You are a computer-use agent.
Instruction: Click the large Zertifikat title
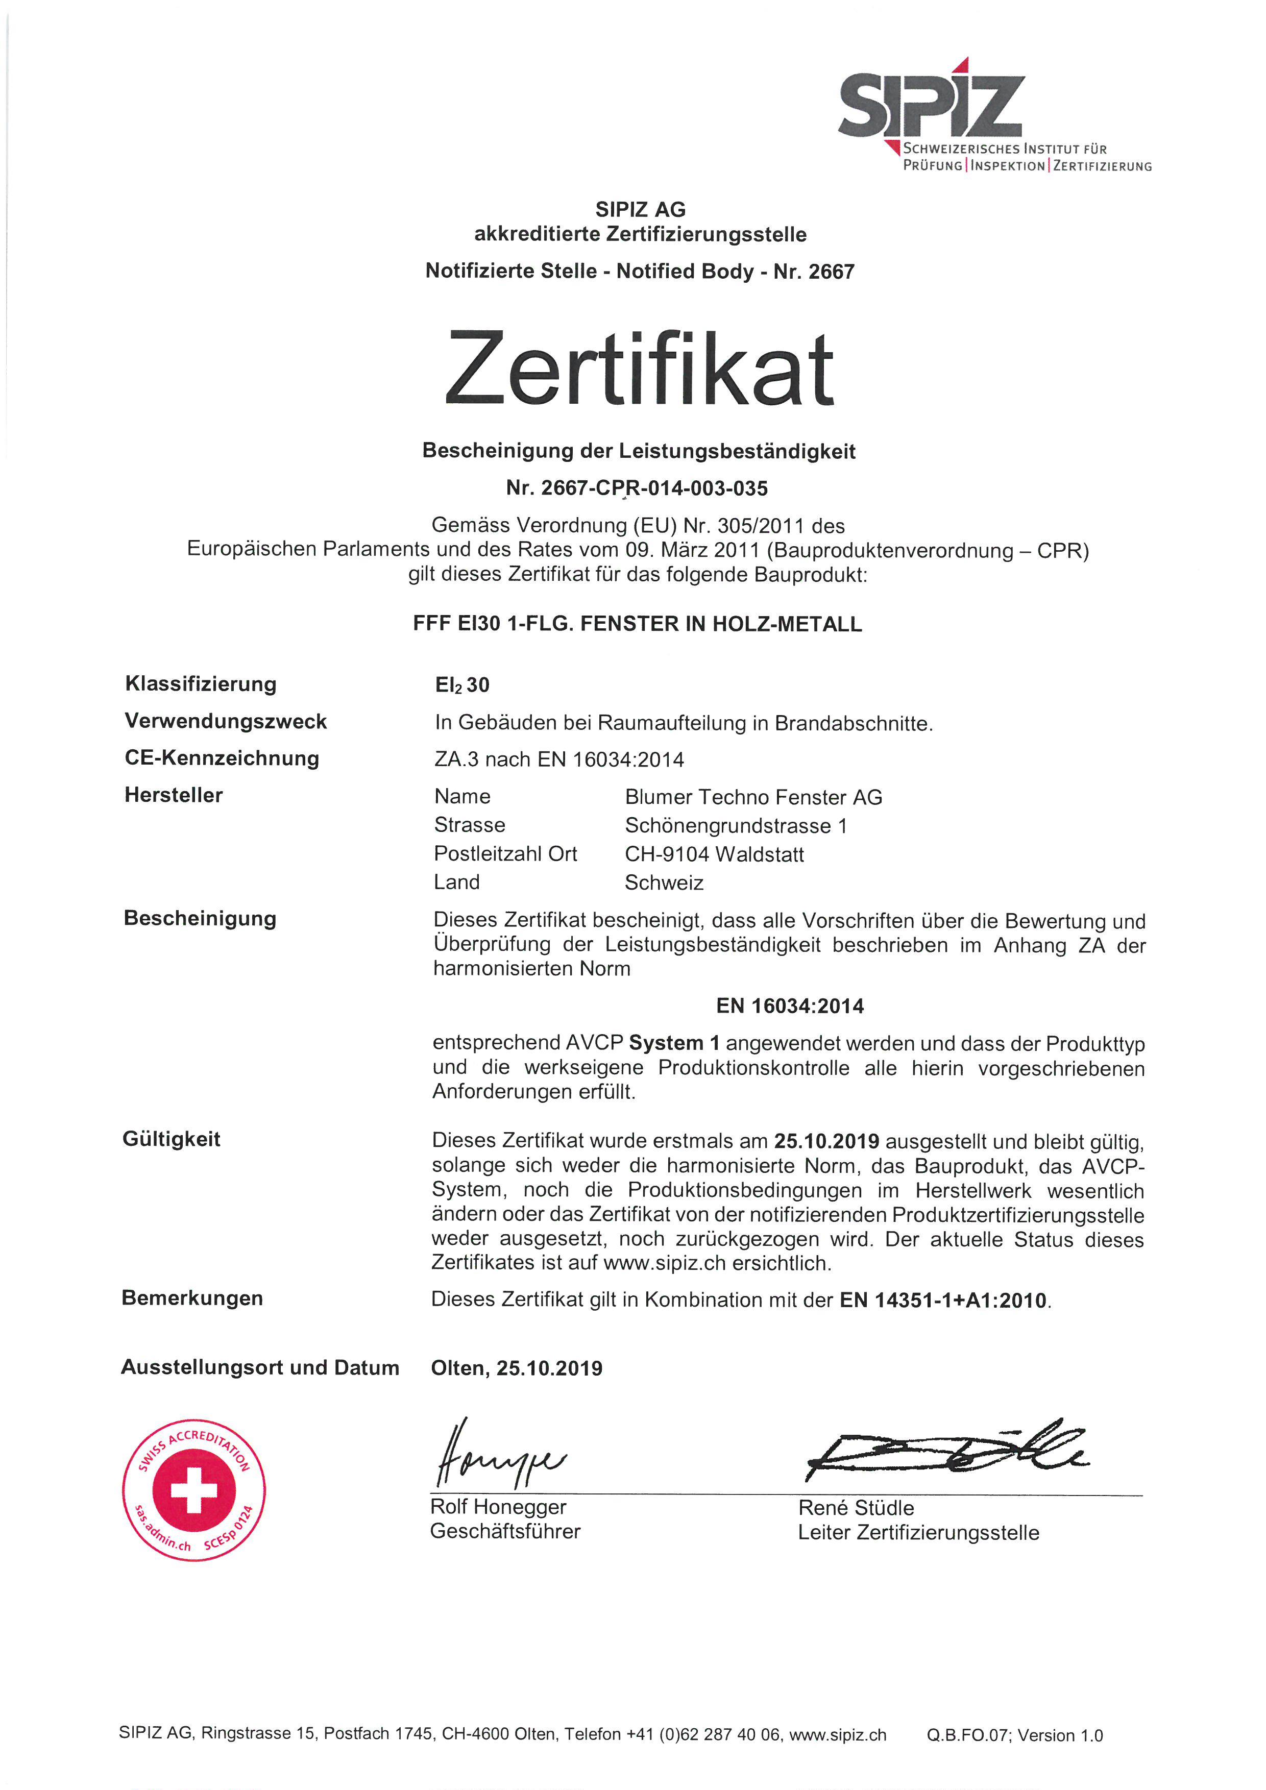point(639,369)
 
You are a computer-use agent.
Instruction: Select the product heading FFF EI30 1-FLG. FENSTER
point(637,624)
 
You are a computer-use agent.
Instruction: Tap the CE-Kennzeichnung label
point(222,758)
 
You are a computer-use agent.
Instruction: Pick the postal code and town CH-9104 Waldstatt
point(714,854)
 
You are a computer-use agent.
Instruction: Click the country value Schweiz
point(664,882)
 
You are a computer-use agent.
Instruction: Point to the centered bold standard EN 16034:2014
point(790,1006)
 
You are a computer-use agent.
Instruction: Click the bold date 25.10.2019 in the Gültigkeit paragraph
point(826,1141)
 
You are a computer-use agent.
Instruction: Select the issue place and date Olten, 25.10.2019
point(516,1368)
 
